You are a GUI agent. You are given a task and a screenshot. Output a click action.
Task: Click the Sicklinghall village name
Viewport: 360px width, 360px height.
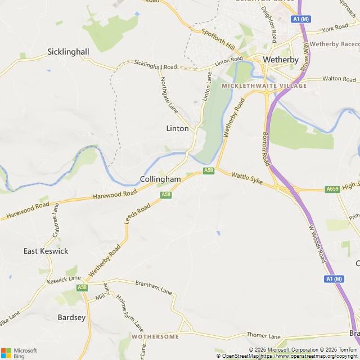(x=68, y=52)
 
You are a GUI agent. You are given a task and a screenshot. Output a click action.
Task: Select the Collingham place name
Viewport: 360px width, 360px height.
(x=160, y=179)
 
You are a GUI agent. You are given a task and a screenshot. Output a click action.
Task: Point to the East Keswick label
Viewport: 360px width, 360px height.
(x=46, y=251)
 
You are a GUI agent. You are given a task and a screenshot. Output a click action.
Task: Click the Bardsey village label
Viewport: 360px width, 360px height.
(x=71, y=317)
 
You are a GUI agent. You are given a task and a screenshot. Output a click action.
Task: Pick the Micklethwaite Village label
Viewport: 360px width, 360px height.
(x=264, y=85)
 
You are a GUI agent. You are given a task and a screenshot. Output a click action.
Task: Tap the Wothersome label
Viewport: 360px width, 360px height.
(x=155, y=336)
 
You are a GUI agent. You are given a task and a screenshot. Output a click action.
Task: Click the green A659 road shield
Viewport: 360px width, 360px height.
(x=332, y=190)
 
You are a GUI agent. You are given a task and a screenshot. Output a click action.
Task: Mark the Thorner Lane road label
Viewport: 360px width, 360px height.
(x=263, y=336)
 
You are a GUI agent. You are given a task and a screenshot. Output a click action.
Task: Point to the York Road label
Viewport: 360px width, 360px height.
(x=335, y=28)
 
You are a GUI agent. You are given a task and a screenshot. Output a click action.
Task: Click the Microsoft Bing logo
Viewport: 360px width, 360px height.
(x=19, y=353)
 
